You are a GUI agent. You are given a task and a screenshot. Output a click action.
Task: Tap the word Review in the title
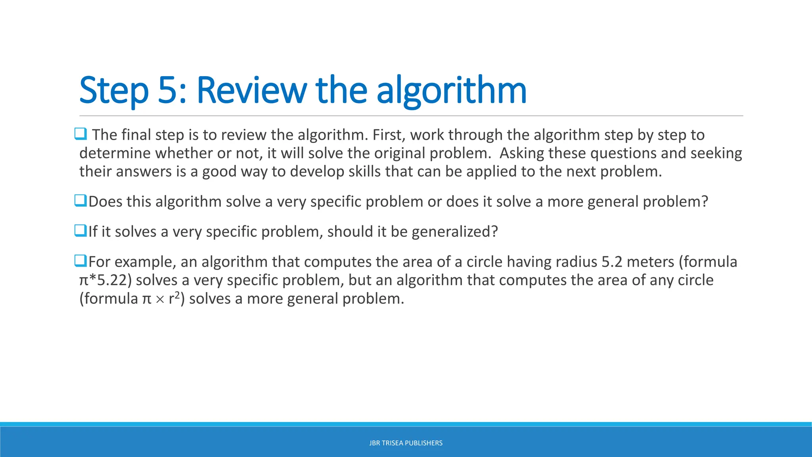[251, 90]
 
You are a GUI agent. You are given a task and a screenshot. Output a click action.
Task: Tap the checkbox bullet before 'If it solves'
[80, 230]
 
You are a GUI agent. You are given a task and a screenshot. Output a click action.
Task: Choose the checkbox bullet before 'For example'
[80, 261]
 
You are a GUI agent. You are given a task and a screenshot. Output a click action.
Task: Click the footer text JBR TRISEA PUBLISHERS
[406, 443]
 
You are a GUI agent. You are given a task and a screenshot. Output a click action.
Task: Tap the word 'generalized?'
[455, 232]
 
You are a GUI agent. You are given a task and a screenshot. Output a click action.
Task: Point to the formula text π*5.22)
[105, 280]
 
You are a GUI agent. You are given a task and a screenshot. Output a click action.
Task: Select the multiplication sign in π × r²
[160, 300]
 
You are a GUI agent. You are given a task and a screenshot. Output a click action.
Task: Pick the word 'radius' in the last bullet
[576, 262]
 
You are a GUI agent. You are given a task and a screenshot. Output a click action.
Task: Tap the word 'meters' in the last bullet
[650, 262]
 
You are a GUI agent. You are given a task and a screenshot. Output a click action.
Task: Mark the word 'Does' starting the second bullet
[105, 202]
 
